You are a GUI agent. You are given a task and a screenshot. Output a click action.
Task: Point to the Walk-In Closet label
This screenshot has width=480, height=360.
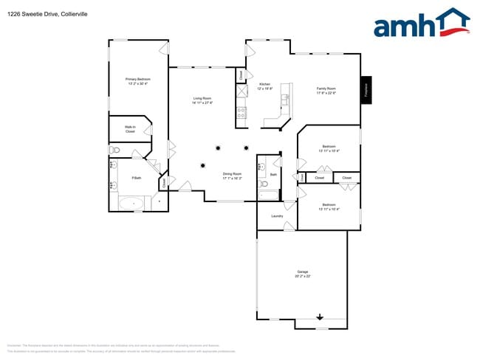point(130,129)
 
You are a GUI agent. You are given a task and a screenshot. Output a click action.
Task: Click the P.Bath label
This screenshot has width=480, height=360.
point(137,178)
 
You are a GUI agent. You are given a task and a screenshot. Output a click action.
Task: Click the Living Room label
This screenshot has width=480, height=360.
point(202,98)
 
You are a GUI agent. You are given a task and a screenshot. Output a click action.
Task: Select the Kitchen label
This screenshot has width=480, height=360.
point(265,84)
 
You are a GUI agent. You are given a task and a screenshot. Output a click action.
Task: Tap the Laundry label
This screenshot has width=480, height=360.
point(277,216)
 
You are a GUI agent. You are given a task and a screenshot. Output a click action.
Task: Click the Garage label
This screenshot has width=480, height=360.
point(303,271)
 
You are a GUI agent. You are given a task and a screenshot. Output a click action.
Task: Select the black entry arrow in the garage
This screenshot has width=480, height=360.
point(320,317)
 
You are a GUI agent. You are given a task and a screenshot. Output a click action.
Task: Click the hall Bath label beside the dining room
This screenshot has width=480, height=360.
point(273,174)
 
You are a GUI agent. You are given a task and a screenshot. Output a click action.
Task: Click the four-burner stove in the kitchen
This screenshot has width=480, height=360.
point(240,113)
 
